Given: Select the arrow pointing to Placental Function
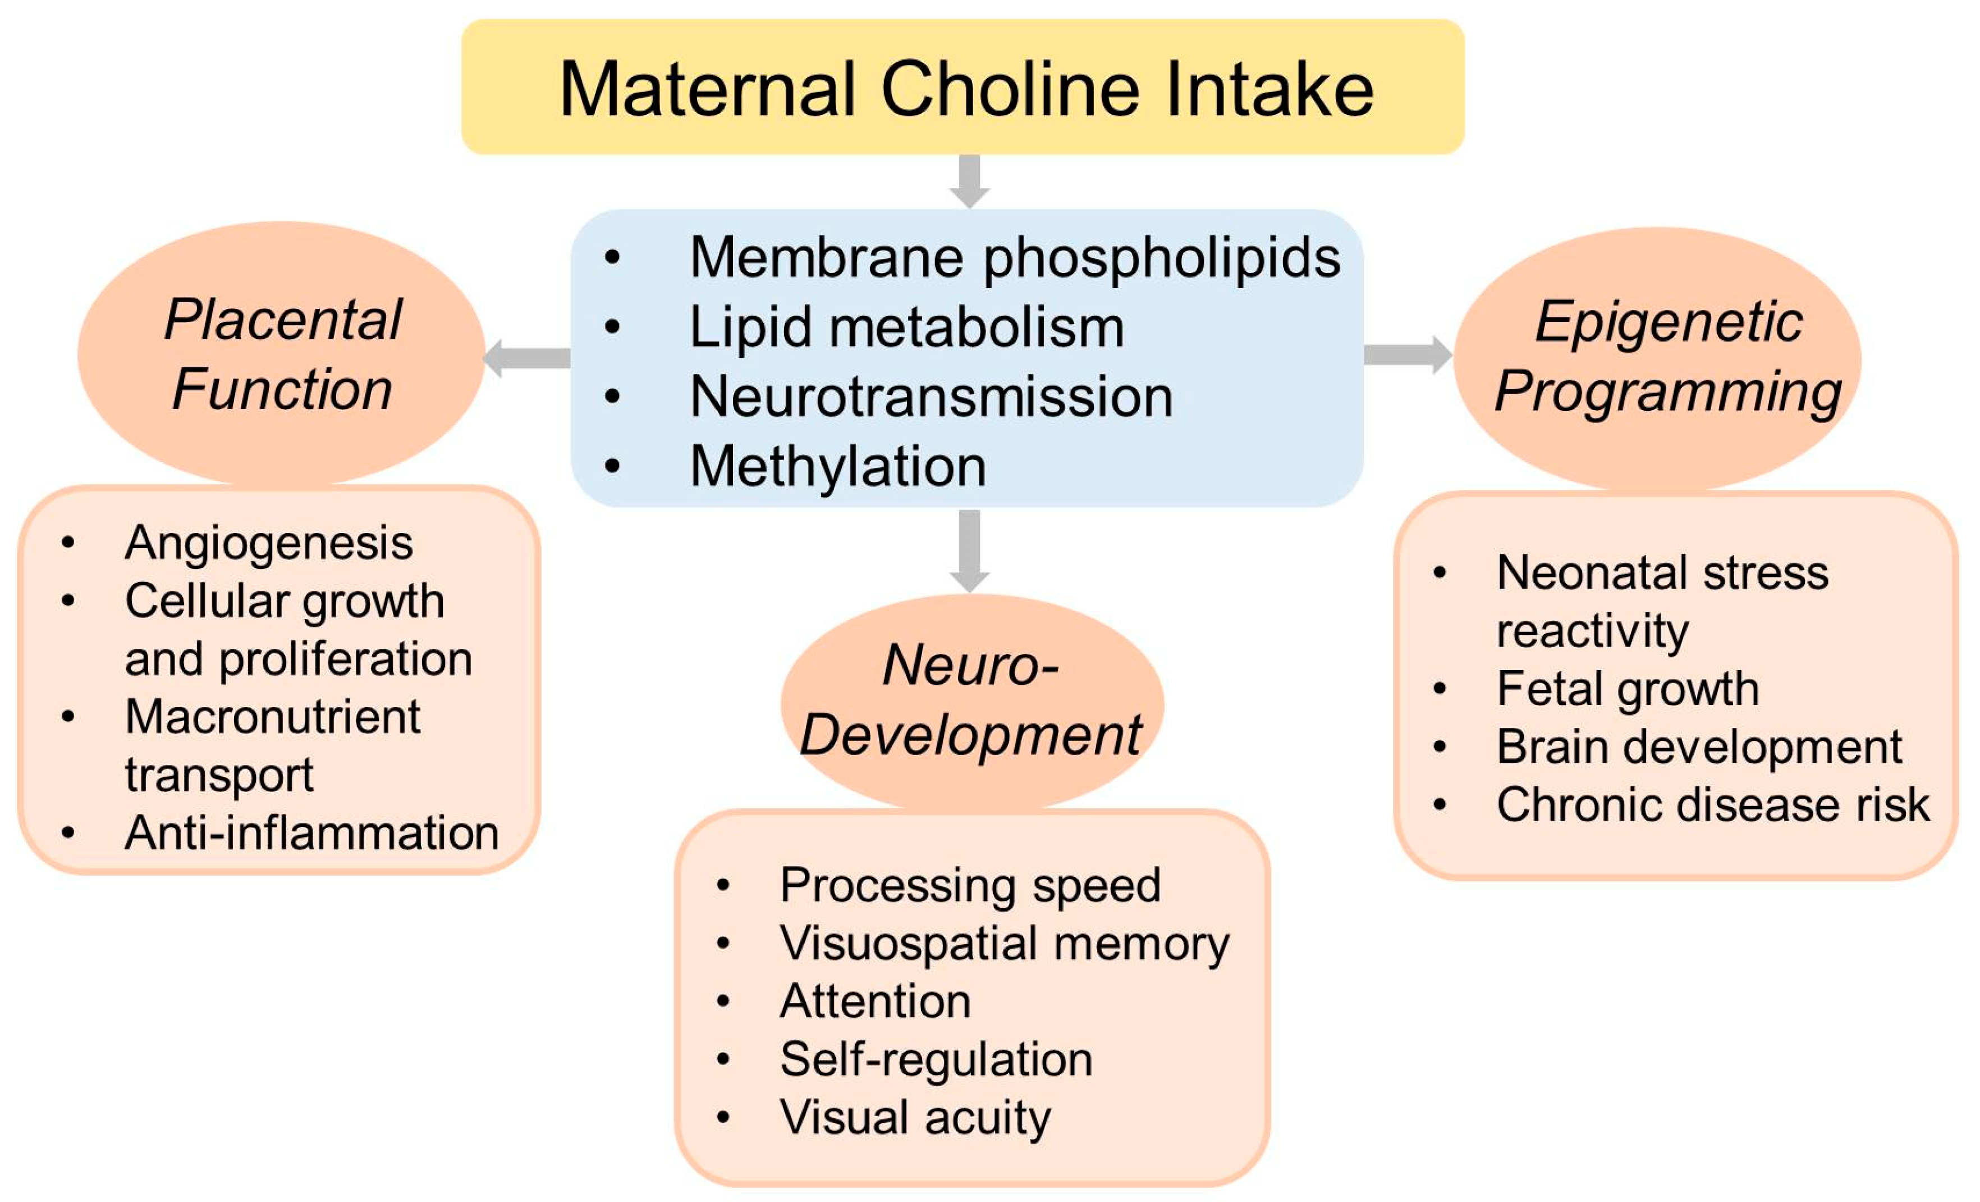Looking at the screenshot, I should coord(526,358).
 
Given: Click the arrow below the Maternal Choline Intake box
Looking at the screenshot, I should coord(969,181).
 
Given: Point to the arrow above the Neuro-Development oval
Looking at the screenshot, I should coord(969,551).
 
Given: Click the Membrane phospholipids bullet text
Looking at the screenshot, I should coord(1015,257).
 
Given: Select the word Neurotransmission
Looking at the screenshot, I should coord(931,397).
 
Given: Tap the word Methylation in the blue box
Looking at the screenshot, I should coord(837,466).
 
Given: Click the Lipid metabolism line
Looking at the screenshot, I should coord(906,327).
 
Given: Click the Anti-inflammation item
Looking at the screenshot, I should coord(312,832).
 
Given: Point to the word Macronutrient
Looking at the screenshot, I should coord(272,716).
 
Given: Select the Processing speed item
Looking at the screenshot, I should coord(970,885).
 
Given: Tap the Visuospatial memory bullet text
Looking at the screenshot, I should coord(1005,943).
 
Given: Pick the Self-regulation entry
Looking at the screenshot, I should coord(936,1059).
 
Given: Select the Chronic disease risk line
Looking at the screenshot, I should coord(1712,805).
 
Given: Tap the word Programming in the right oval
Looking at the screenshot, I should coord(1668,391).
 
